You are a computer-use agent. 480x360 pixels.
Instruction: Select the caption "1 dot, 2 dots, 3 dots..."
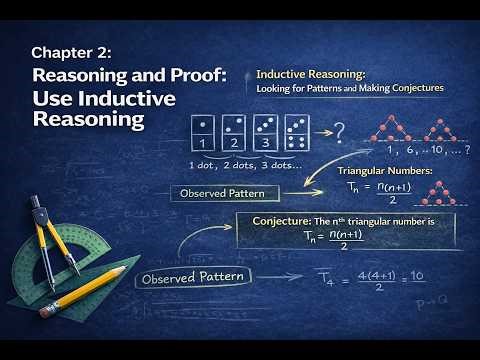(233, 165)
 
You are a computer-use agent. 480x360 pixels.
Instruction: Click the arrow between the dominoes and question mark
(316, 132)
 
